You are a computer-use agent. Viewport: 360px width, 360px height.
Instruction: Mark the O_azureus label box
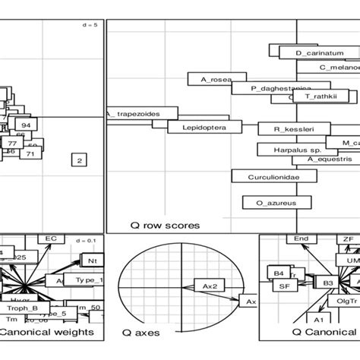(x=266, y=202)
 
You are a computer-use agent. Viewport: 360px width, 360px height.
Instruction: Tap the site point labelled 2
(x=79, y=159)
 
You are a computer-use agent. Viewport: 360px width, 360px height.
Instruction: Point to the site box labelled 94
(x=26, y=125)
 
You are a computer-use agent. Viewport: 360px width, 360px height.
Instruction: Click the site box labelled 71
(x=31, y=154)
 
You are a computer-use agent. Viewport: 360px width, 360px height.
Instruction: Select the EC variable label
(x=52, y=239)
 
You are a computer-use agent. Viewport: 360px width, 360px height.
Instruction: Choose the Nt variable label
(x=93, y=261)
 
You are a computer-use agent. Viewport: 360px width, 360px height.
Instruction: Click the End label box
(x=302, y=239)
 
